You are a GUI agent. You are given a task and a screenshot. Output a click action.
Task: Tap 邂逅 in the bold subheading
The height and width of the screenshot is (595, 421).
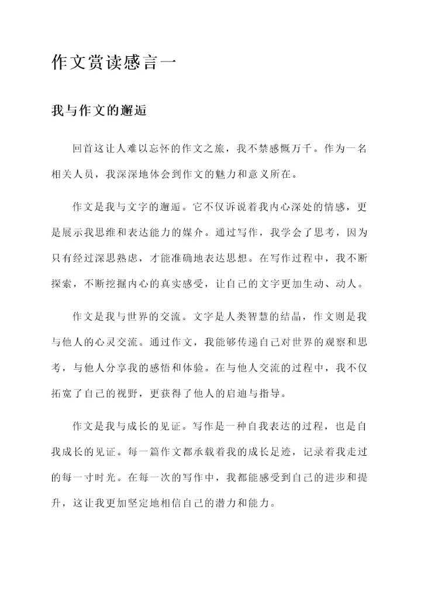coord(134,111)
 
